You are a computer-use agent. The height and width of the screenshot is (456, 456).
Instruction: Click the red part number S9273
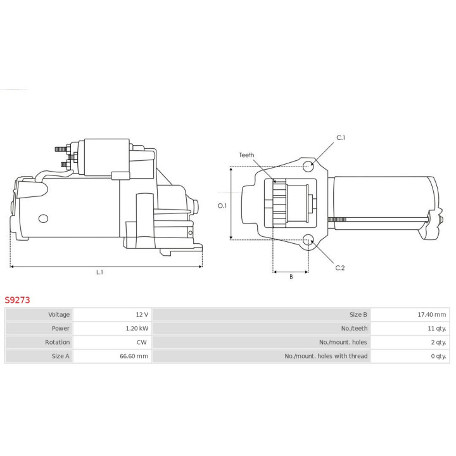tap(17, 300)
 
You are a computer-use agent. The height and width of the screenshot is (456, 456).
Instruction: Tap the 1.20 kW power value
tap(137, 328)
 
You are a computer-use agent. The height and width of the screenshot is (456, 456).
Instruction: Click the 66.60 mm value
tap(134, 356)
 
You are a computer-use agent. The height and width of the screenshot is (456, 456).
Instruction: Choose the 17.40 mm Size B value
tap(431, 314)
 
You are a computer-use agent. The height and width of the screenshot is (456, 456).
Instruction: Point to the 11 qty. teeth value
tap(437, 328)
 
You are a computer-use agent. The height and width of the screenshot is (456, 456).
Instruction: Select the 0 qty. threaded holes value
tap(438, 356)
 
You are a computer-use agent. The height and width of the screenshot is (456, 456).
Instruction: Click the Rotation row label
tap(57, 342)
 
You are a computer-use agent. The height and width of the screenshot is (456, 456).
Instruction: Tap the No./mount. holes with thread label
tap(326, 356)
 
